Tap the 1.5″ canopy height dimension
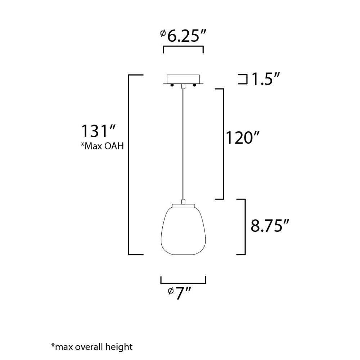266,79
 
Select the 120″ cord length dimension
243,138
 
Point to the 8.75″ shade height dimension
270,226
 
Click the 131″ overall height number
98,131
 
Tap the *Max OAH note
102,146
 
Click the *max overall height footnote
92,346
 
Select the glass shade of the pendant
183,230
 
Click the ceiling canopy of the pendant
183,80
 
